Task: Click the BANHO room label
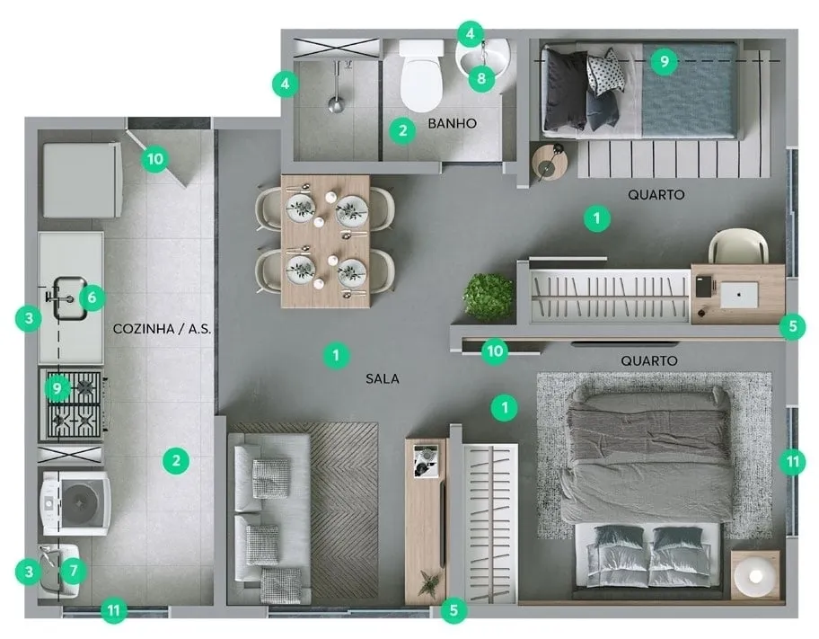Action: [x=452, y=123]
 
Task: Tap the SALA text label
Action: [x=383, y=378]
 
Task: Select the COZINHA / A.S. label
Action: [x=162, y=328]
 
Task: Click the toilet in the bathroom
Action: [x=421, y=75]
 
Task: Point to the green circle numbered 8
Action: [x=481, y=78]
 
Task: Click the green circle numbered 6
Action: [x=92, y=297]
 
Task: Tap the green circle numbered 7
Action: [x=73, y=571]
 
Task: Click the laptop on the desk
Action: [x=739, y=295]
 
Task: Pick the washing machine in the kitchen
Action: [x=76, y=503]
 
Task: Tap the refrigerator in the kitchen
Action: [x=83, y=180]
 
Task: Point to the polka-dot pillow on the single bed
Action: [x=605, y=72]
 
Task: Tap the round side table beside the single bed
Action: [x=549, y=162]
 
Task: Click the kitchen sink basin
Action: [x=69, y=298]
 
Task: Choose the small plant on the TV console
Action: [x=429, y=582]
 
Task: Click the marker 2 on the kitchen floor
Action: [x=175, y=461]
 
